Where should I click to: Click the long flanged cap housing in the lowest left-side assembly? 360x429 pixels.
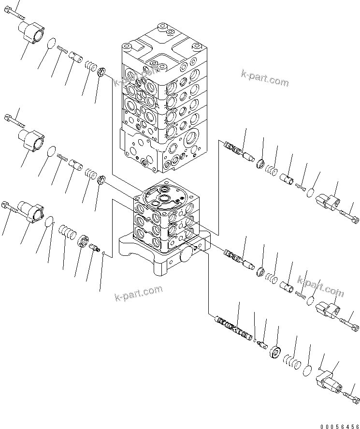(31, 211)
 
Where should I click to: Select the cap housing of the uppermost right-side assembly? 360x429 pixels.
(329, 202)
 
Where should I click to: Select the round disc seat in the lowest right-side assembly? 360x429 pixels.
(277, 353)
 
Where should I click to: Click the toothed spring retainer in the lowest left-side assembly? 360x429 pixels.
(85, 241)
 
